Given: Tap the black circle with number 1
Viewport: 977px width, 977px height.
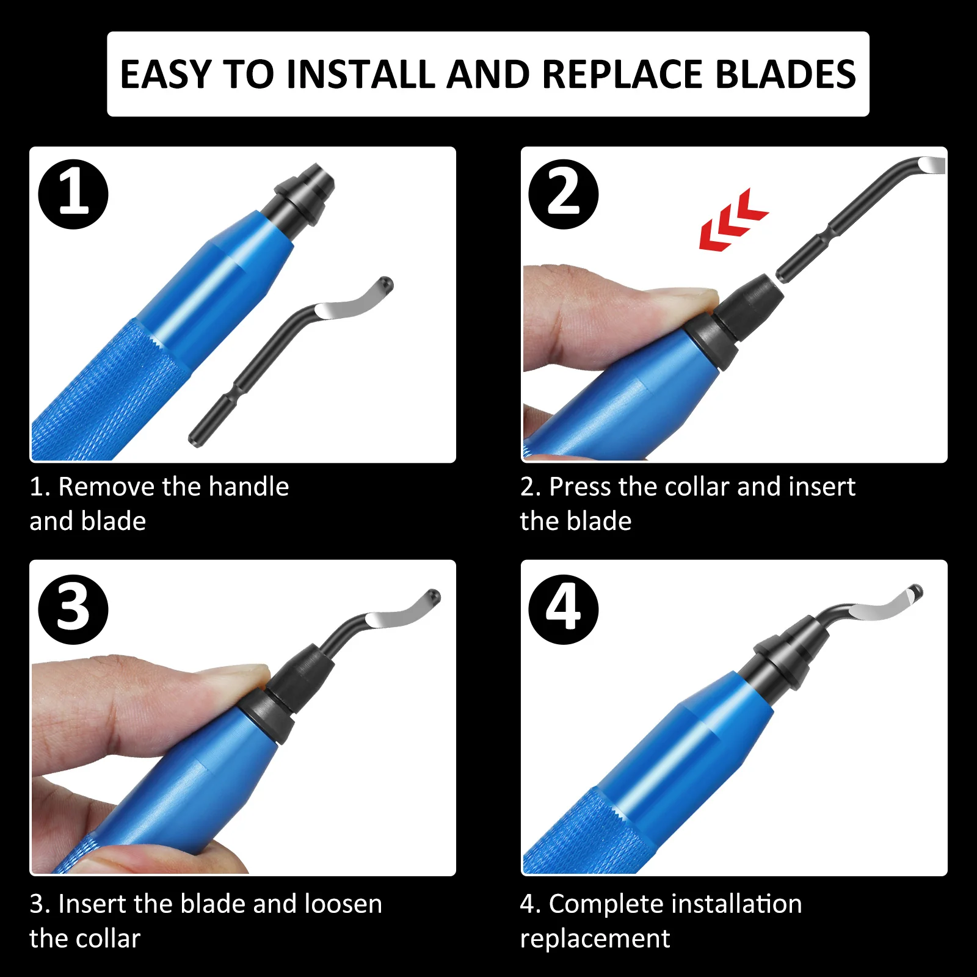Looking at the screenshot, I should [73, 194].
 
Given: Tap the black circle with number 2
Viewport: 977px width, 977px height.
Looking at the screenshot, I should [563, 194].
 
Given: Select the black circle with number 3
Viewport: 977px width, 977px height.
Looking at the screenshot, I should [73, 609].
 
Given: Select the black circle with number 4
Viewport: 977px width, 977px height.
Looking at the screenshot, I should [563, 609].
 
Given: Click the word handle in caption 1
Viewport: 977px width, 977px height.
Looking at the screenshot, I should [249, 487].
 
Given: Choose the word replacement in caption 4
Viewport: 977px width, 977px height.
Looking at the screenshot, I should [595, 939].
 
